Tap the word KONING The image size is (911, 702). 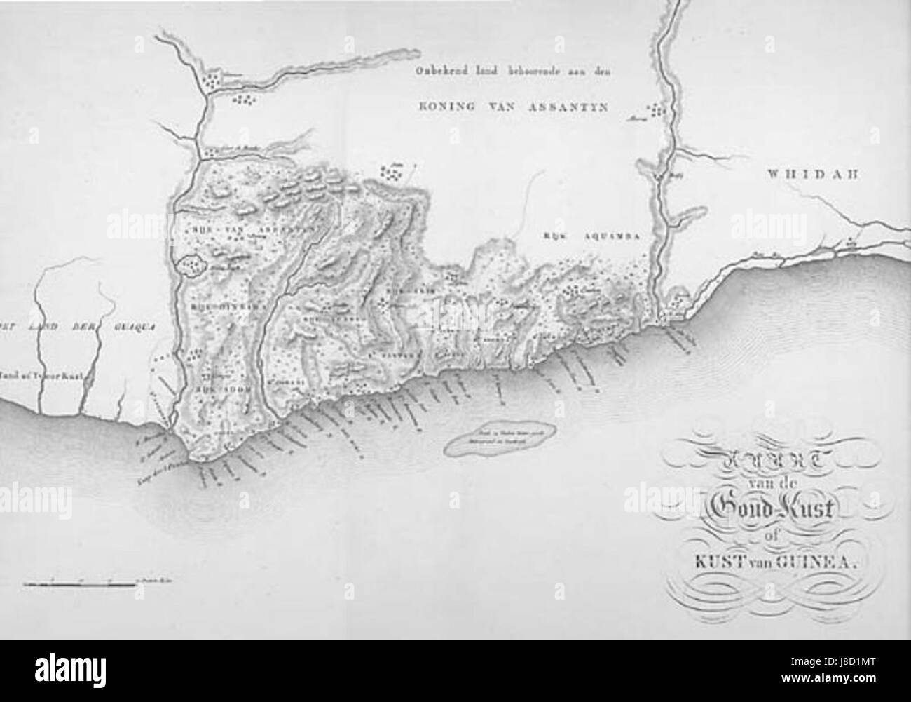coord(439,107)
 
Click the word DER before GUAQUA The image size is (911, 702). coord(84,325)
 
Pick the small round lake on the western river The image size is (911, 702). coord(190,265)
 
